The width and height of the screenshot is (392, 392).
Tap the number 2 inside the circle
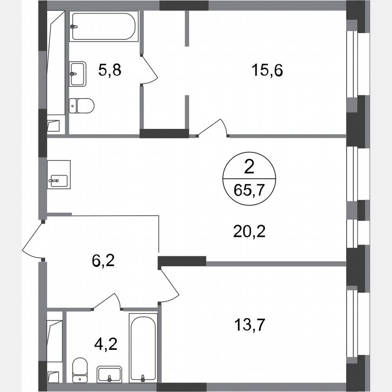coord(249,168)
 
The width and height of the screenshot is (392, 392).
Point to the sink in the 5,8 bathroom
coord(78,73)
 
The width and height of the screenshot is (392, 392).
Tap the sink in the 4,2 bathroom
coord(109,374)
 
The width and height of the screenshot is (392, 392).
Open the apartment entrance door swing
coord(33,240)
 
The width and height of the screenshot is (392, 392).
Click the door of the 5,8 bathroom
coord(149,70)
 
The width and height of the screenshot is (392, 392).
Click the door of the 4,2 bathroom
coord(108,301)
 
